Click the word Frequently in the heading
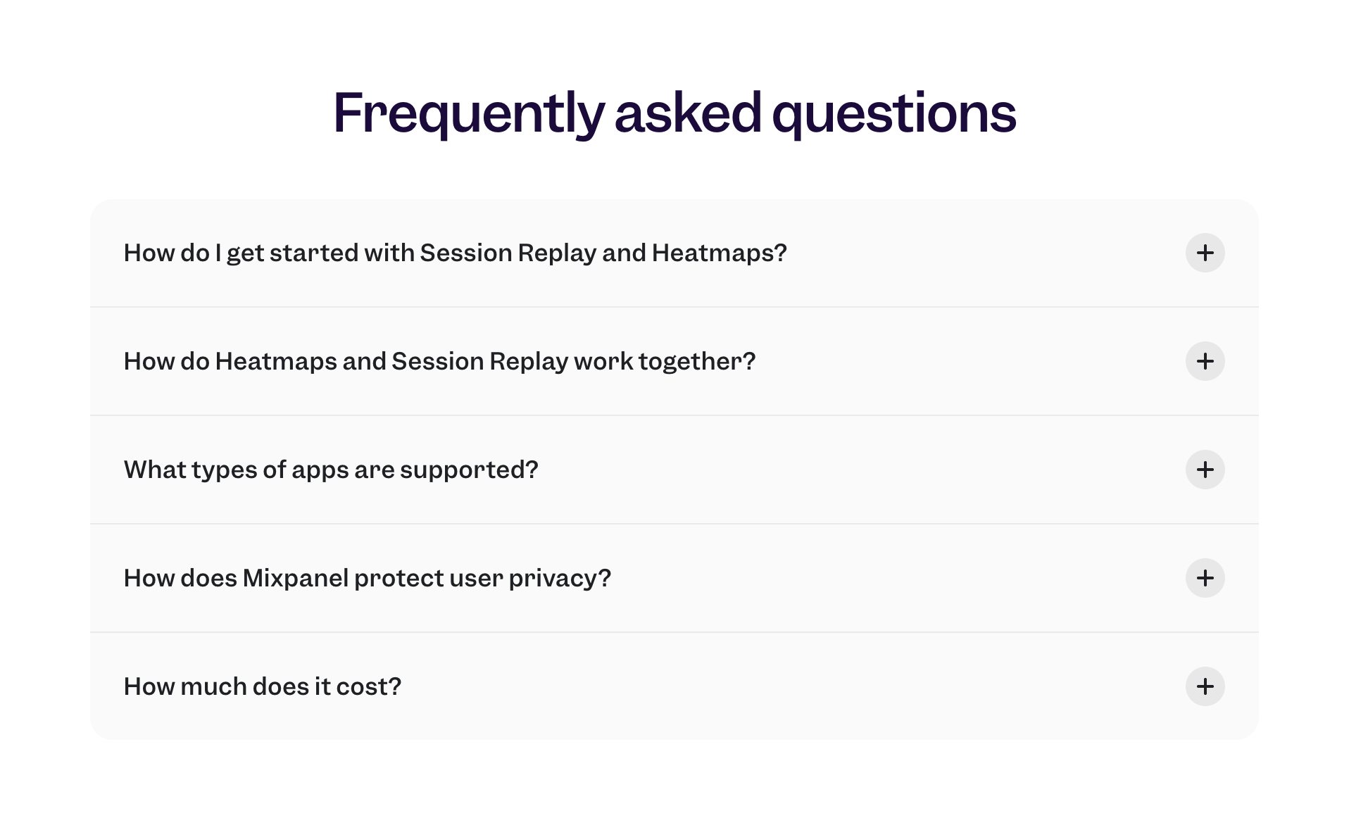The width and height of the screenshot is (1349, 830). click(x=469, y=113)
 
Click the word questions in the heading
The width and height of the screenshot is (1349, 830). click(x=894, y=113)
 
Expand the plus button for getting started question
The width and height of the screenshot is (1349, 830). click(x=1205, y=253)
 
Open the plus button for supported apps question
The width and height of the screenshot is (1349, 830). click(x=1205, y=470)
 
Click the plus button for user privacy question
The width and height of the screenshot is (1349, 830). click(x=1205, y=578)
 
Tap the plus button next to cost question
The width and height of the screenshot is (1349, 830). click(x=1205, y=686)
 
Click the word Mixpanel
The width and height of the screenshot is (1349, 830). click(x=296, y=579)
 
